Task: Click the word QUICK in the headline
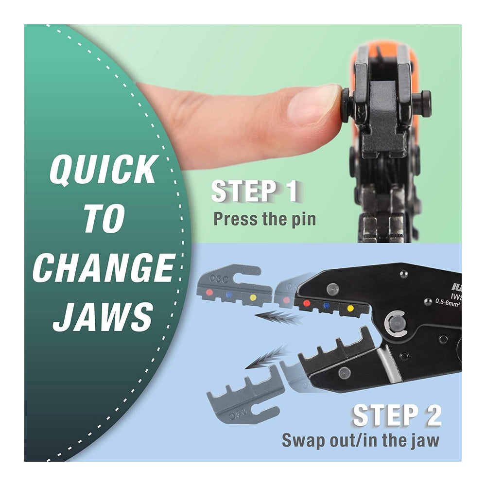tap(103, 170)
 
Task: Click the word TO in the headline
tap(103, 219)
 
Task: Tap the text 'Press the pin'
tap(264, 219)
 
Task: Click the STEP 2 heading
tap(397, 416)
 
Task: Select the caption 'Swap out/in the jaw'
tap(360, 440)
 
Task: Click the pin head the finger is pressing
tap(345, 105)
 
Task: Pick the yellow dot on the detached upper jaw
tap(252, 297)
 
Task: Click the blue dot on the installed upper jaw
tap(327, 306)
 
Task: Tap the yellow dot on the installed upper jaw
tap(350, 309)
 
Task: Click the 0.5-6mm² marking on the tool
tap(447, 302)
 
